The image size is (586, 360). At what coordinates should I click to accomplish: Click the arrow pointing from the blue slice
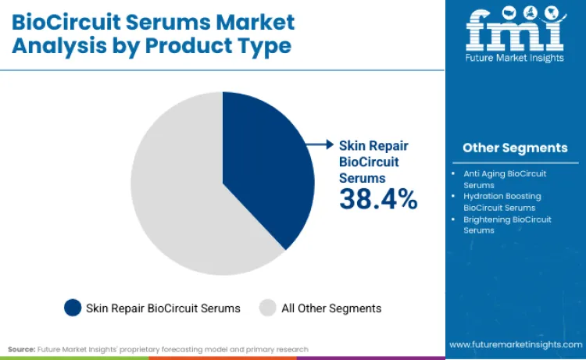tap(319, 144)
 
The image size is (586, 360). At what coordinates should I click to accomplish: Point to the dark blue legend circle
tap(73, 308)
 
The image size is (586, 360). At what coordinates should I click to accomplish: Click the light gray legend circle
tap(267, 308)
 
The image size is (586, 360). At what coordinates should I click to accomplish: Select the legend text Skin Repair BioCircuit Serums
tap(163, 308)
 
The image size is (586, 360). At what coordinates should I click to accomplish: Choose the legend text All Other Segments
tap(331, 308)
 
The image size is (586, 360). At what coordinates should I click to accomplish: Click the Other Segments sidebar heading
tap(514, 148)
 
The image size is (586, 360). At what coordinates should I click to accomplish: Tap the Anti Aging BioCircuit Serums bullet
tap(505, 179)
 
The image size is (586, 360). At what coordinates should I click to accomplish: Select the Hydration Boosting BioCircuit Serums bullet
tap(502, 202)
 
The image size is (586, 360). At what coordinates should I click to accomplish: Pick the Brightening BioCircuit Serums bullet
tap(507, 225)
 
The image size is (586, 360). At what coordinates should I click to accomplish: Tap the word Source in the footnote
tap(20, 349)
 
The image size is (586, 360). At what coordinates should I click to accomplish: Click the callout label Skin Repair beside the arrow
tap(373, 145)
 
